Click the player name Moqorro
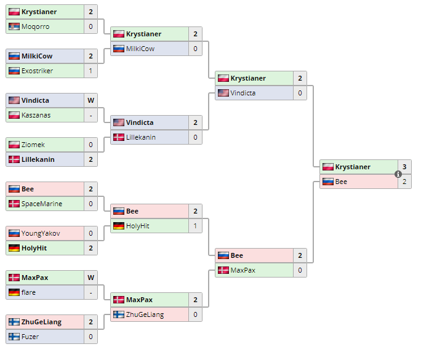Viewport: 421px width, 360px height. click(35, 26)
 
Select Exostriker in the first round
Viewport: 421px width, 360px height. click(37, 71)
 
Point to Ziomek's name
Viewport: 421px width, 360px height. click(33, 145)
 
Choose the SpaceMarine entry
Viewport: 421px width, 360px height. click(41, 204)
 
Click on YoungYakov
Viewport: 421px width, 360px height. click(41, 233)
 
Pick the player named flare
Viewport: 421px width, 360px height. click(28, 292)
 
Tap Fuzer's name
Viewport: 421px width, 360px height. click(31, 337)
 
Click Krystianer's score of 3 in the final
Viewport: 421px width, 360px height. click(404, 167)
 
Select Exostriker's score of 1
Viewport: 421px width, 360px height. click(90, 71)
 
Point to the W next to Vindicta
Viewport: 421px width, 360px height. click(90, 100)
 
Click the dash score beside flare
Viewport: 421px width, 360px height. click(90, 292)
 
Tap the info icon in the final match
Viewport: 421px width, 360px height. click(398, 174)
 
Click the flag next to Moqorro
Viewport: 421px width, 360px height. click(14, 26)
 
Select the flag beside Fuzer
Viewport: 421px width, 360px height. click(14, 337)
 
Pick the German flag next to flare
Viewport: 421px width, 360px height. click(14, 292)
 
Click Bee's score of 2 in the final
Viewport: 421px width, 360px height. click(404, 182)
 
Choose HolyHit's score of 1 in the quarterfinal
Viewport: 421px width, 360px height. click(195, 226)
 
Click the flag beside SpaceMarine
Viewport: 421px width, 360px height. click(14, 204)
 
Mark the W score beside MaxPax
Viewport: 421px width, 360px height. click(90, 278)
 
